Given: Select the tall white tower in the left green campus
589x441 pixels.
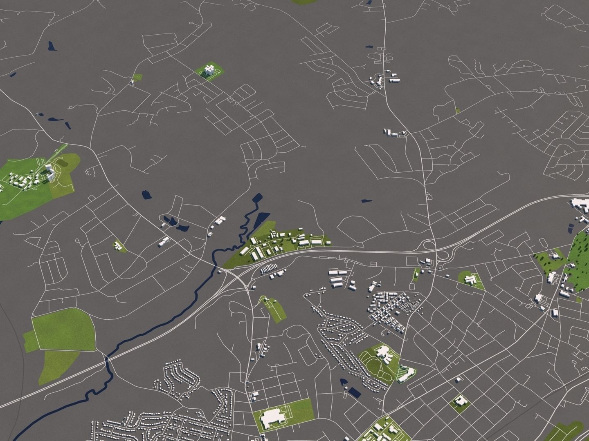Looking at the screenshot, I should tap(50, 171).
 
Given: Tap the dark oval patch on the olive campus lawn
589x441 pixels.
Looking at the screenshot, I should tap(63, 163).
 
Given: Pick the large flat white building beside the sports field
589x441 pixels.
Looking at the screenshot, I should tap(270, 418).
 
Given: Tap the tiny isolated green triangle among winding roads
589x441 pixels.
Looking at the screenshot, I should tap(458, 110).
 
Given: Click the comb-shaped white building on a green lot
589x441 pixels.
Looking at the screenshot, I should tap(472, 279).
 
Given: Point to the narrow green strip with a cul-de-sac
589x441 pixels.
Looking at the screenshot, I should tap(273, 308).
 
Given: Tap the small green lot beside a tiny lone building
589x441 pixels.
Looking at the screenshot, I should tap(137, 77).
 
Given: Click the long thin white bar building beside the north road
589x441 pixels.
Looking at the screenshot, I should tap(395, 80).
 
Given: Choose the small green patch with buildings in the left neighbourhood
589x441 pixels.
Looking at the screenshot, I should tap(119, 246).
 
